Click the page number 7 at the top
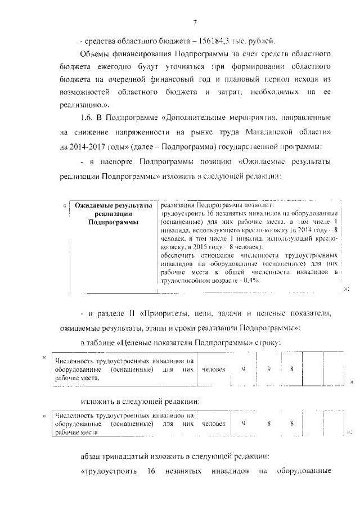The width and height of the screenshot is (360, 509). pyautogui.click(x=195, y=22)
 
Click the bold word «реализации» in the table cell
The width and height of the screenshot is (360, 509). pyautogui.click(x=114, y=214)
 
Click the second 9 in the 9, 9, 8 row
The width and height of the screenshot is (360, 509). pyautogui.click(x=269, y=370)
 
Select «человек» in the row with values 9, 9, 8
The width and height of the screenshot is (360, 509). pyautogui.click(x=214, y=370)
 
